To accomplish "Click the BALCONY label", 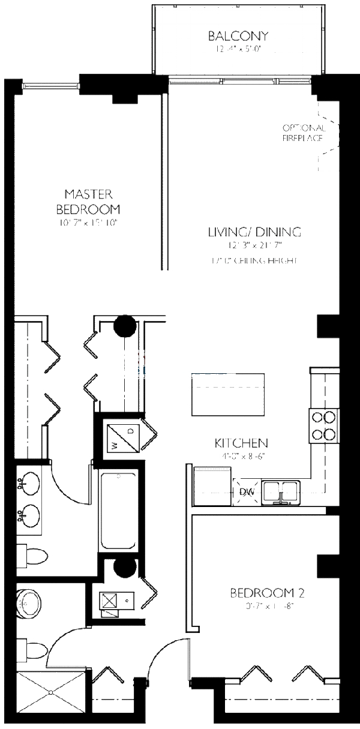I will tap(238, 35).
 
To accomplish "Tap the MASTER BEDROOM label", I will tap(88, 202).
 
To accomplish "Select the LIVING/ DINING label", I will tap(254, 232).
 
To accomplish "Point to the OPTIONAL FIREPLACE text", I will tap(304, 133).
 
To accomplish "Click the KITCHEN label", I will tap(241, 443).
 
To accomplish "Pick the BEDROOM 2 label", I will tap(268, 593).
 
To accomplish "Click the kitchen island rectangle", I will tap(228, 394).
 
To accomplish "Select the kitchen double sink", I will tap(280, 490).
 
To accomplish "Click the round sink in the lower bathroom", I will tap(28, 602).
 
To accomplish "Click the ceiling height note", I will tap(254, 261).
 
